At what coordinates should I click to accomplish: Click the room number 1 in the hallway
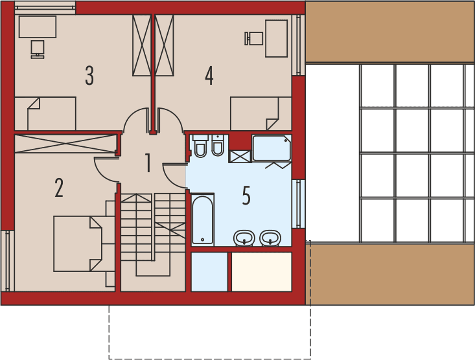pyautogui.click(x=148, y=164)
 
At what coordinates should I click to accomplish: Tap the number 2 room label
pyautogui.click(x=59, y=188)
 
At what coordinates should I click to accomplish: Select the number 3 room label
pyautogui.click(x=89, y=76)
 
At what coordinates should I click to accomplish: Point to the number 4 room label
pyautogui.click(x=209, y=76)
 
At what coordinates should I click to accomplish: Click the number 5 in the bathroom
pyautogui.click(x=246, y=196)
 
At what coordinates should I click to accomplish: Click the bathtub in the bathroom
pyautogui.click(x=202, y=219)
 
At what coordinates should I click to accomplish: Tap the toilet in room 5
pyautogui.click(x=200, y=146)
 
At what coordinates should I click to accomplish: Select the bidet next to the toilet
pyautogui.click(x=218, y=146)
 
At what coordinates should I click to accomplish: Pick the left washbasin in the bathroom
pyautogui.click(x=244, y=238)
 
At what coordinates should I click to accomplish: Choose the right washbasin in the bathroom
pyautogui.click(x=270, y=238)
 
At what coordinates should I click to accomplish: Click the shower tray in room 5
pyautogui.click(x=272, y=148)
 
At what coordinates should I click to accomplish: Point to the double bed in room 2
pyautogui.click(x=78, y=243)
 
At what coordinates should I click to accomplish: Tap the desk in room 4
pyautogui.click(x=276, y=38)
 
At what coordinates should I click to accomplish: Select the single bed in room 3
pyautogui.click(x=45, y=113)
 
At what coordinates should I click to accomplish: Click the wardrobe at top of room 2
pyautogui.click(x=65, y=143)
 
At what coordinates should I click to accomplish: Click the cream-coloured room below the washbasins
pyautogui.click(x=262, y=272)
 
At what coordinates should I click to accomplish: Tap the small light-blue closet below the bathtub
pyautogui.click(x=209, y=272)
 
